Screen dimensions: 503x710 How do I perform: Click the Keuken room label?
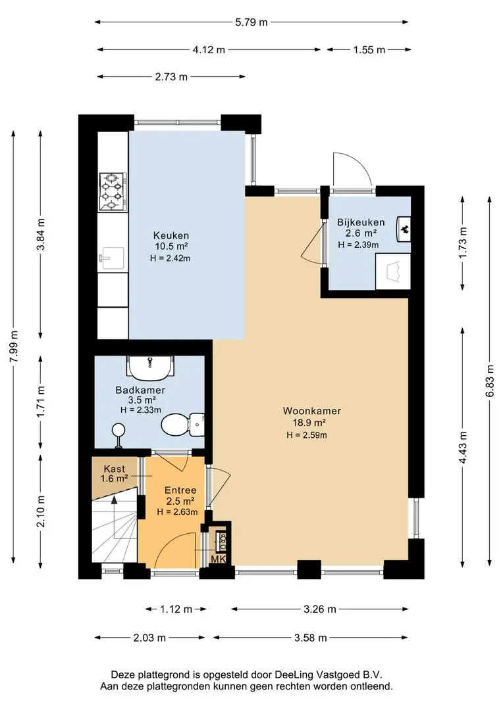click(x=171, y=235)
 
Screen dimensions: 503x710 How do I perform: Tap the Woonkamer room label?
click(x=311, y=411)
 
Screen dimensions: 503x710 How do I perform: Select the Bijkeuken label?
click(x=361, y=222)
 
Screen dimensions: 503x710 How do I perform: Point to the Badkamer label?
click(x=140, y=390)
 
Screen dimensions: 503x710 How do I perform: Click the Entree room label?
click(x=180, y=490)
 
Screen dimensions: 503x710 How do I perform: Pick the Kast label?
click(x=115, y=469)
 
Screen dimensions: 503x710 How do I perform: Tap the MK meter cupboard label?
click(x=219, y=559)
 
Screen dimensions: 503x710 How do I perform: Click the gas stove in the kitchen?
click(x=113, y=192)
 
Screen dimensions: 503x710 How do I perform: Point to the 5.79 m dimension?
click(x=251, y=22)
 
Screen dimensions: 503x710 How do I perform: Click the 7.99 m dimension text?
click(x=14, y=346)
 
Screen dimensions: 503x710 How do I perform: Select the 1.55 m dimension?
click(x=369, y=50)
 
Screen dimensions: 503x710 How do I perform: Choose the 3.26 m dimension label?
click(x=320, y=609)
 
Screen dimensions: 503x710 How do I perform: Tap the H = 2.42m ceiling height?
click(x=170, y=258)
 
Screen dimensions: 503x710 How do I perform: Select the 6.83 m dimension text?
click(x=489, y=381)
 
